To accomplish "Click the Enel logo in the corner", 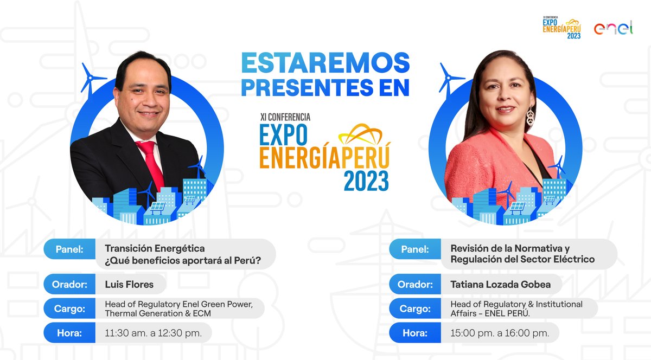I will (613, 28).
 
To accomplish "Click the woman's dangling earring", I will (529, 116).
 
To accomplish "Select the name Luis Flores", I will (129, 284).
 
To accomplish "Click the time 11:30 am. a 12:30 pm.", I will (153, 333).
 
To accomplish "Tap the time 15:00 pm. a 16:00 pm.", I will (500, 333).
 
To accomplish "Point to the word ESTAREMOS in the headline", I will (325, 64).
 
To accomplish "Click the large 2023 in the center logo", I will (366, 181).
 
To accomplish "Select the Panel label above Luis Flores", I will (69, 249).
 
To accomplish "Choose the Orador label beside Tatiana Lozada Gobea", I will (415, 284).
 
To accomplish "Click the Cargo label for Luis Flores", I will (69, 308).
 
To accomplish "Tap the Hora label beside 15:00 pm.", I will (415, 333).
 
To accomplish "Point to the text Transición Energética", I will (155, 248).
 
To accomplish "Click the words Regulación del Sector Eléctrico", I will (522, 259).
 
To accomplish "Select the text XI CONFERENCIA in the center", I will (285, 117).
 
